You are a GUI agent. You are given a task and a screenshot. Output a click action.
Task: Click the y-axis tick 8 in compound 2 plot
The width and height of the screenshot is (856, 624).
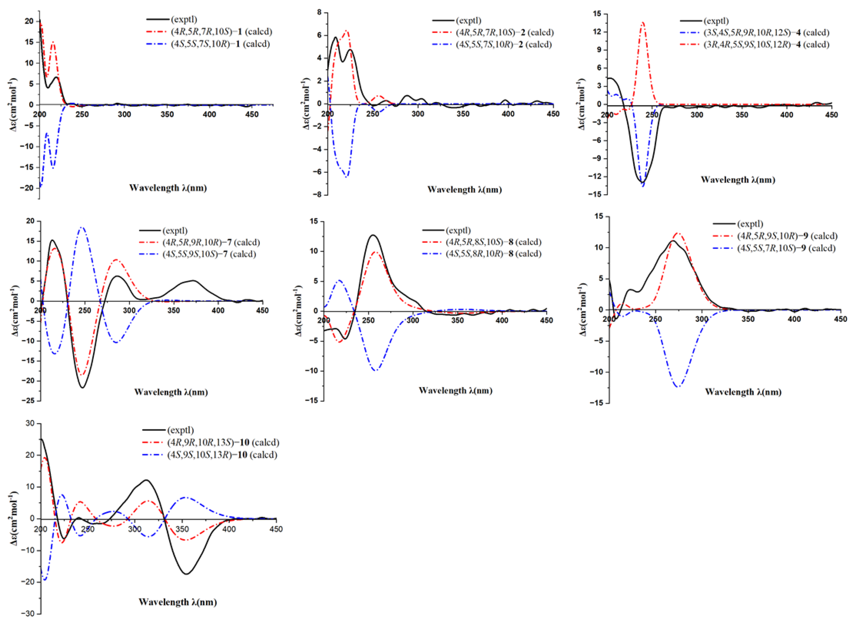pyautogui.click(x=320, y=12)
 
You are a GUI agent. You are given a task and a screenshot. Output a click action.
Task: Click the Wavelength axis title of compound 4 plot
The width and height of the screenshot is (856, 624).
pyautogui.click(x=738, y=180)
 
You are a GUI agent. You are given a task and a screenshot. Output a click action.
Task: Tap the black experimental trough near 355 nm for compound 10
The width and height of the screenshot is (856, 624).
pyautogui.click(x=186, y=574)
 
